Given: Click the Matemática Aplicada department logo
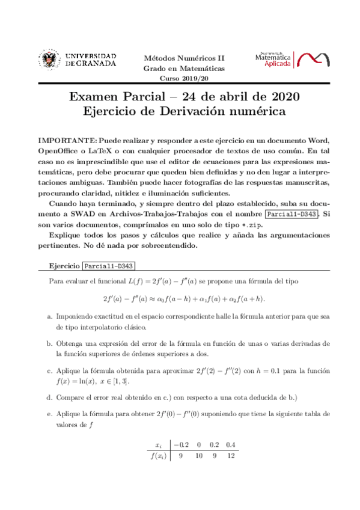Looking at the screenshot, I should [291, 59].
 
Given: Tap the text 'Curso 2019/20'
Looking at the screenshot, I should [183, 79].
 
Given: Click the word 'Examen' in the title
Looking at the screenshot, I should [96, 97].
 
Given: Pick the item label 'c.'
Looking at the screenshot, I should [49, 371].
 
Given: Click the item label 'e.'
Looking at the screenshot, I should [49, 415].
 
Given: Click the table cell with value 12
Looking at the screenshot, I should [231, 455].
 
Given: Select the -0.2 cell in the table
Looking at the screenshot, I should [181, 445].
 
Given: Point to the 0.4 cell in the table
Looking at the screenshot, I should [231, 445].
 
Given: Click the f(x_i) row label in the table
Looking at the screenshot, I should [159, 455].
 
